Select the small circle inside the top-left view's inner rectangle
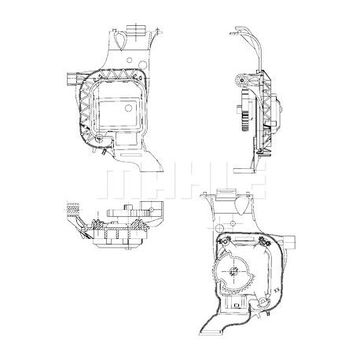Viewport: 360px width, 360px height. (128, 108)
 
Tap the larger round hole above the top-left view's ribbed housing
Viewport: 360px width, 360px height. (142, 64)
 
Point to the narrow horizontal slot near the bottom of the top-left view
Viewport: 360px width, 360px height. (130, 153)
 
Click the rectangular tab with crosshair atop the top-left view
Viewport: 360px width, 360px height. (136, 30)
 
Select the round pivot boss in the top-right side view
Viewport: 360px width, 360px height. (241, 80)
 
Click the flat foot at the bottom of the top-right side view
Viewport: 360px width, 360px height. (244, 171)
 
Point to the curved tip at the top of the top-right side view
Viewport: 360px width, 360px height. (237, 28)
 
